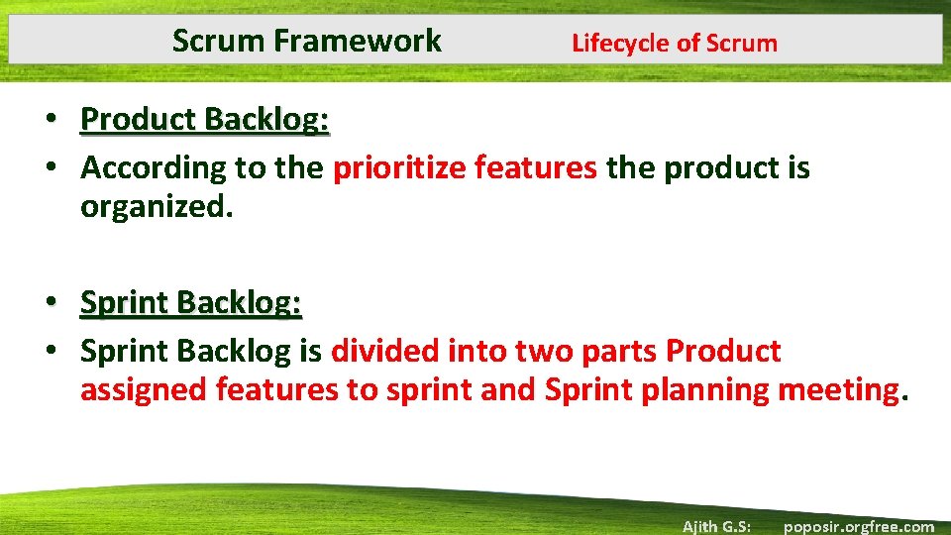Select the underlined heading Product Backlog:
[205, 119]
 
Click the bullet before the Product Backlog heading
[61, 120]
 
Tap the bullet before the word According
[61, 168]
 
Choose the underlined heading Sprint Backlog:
[190, 302]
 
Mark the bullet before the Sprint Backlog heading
[61, 302]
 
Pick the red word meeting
[837, 390]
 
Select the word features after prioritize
[536, 168]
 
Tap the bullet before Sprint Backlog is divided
[61, 351]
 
